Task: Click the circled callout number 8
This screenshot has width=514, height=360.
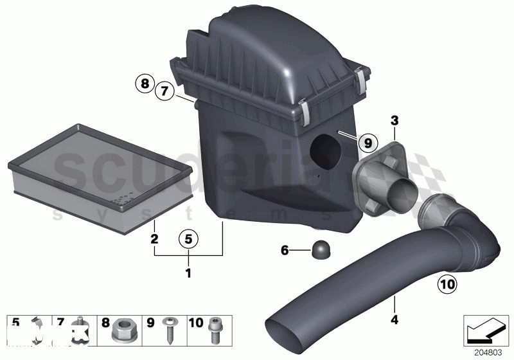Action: point(145,83)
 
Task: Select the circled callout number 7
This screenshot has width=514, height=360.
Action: point(164,93)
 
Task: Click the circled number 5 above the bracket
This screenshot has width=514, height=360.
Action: point(188,239)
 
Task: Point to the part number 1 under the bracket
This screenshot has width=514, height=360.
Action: point(188,273)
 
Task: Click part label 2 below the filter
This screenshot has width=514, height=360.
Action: point(154,239)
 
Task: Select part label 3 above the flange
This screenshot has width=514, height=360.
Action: point(394,120)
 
